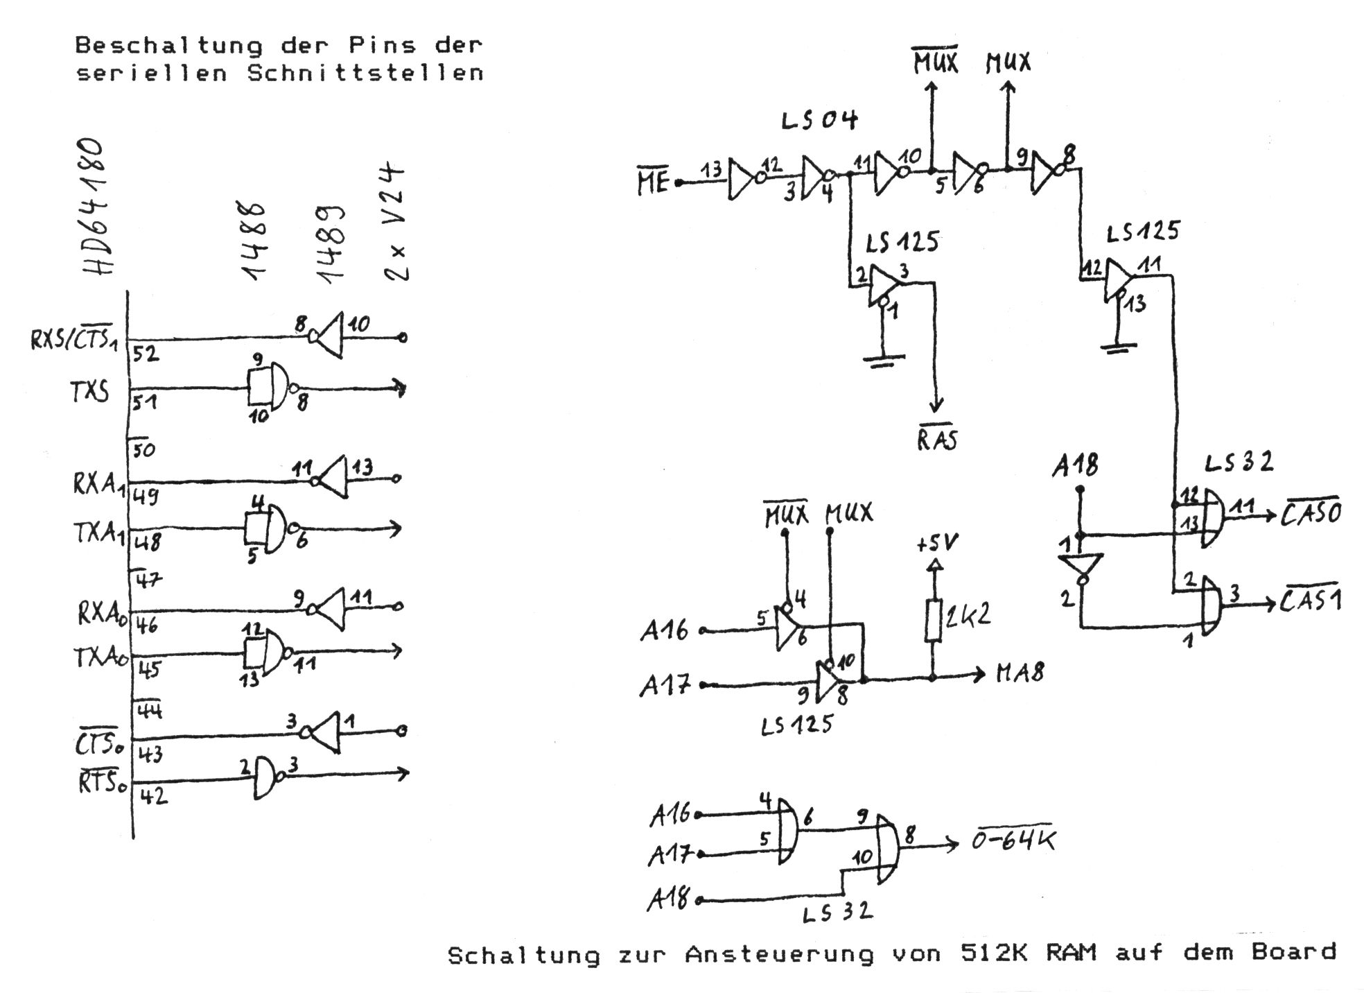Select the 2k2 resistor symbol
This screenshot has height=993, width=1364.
[934, 619]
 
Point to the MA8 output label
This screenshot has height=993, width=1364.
[1020, 673]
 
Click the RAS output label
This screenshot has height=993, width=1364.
[938, 439]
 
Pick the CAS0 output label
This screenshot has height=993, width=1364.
[1311, 513]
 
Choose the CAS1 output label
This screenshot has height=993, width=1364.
[1310, 599]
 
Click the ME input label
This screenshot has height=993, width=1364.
[653, 182]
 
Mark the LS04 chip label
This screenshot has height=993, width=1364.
[819, 121]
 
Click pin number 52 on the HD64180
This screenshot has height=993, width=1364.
[146, 354]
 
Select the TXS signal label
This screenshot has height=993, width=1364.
[90, 392]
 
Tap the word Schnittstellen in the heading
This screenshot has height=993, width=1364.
[365, 73]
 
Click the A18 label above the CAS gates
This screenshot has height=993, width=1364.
[1075, 465]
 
